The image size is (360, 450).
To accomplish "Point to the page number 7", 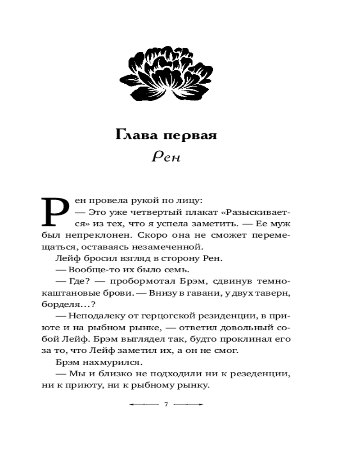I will (166, 405).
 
